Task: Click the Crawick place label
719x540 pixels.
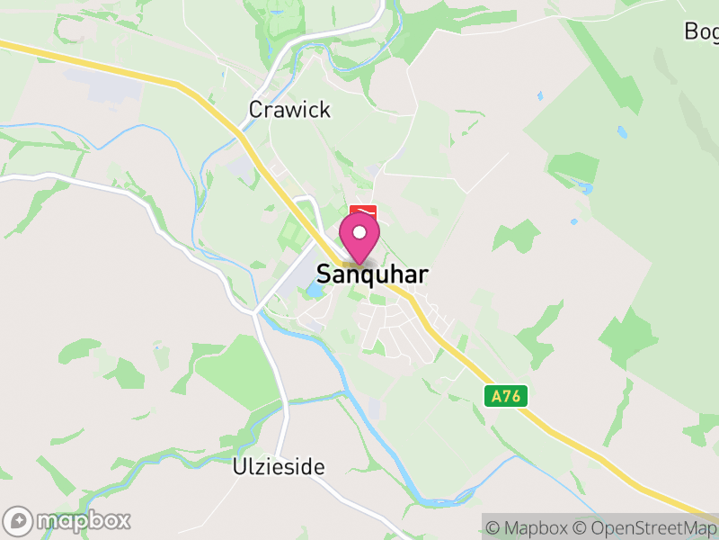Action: (289, 110)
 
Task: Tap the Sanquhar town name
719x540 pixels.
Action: (371, 274)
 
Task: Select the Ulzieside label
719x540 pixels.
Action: (278, 467)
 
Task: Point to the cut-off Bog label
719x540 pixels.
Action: (701, 31)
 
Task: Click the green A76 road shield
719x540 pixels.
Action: (505, 396)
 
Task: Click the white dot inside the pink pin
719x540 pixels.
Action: (359, 232)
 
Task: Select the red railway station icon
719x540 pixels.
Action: (363, 210)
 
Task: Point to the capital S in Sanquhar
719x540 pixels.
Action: (324, 274)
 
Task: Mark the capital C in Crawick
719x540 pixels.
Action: (256, 110)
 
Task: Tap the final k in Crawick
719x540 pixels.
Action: (324, 110)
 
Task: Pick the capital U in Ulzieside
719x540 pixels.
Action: (239, 467)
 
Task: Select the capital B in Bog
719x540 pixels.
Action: (691, 31)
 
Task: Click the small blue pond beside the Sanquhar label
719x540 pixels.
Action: (315, 291)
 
